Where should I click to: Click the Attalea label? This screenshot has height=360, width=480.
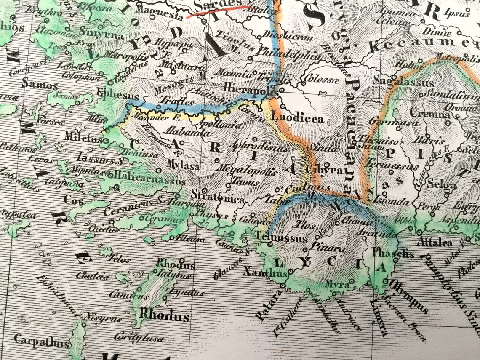[x=434, y=243]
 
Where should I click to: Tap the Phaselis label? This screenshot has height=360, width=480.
[x=387, y=254]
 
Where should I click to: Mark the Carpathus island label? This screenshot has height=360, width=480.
[x=41, y=340]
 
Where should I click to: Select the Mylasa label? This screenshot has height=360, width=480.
[x=183, y=166]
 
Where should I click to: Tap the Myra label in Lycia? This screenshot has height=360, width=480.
[x=337, y=285]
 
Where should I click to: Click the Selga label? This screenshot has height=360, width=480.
[x=441, y=185]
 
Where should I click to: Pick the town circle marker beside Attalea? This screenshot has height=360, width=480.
[x=420, y=232]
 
